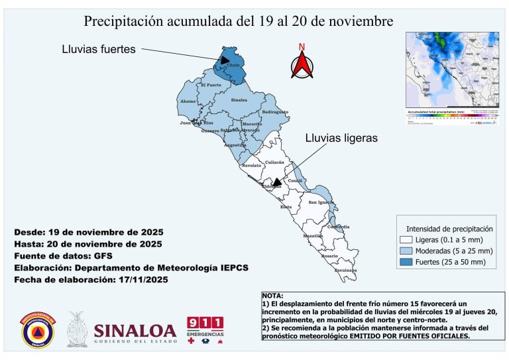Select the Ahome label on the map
point(188,101)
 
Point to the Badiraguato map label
point(275,112)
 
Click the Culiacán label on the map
point(274,162)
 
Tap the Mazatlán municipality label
point(313,235)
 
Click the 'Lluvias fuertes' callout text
point(98,49)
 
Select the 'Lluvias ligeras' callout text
point(341,139)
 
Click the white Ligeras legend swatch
point(406,239)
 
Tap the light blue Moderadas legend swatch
point(406,251)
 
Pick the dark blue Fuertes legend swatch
point(406,263)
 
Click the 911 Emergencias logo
point(205,330)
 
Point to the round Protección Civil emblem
point(38,330)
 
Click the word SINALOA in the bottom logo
point(135,330)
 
